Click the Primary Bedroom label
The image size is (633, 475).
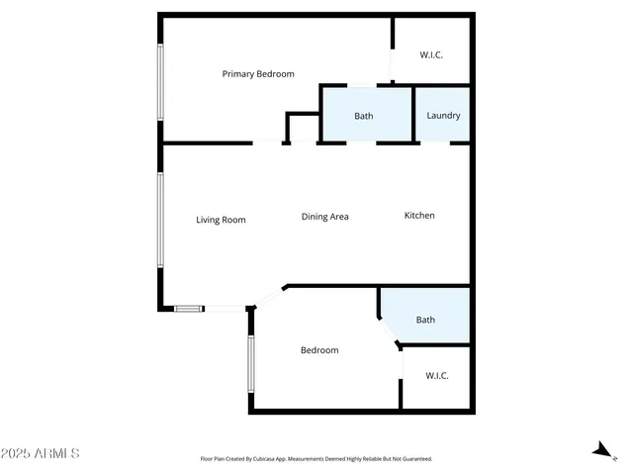[258, 74]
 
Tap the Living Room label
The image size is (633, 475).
[221, 220]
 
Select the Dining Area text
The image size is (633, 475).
[325, 217]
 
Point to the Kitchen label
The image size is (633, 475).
[419, 216]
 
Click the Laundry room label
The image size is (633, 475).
[443, 116]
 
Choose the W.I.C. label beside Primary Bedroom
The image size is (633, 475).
[432, 54]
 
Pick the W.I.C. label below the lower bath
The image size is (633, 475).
[437, 376]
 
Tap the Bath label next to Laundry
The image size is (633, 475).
[364, 117]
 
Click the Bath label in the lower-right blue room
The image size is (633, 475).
[425, 320]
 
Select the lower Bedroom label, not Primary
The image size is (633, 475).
[319, 350]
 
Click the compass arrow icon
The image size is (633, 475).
[600, 450]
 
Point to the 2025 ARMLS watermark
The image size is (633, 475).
[41, 453]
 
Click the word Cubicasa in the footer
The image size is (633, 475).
[288, 459]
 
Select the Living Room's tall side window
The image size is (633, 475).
[160, 219]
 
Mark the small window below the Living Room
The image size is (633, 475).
[189, 309]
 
